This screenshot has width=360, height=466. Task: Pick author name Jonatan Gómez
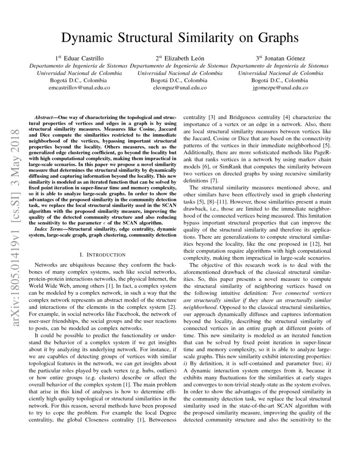tap(285, 58)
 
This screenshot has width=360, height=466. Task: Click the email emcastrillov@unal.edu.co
tap(79, 88)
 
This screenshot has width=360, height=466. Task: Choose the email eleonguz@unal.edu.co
tap(180, 88)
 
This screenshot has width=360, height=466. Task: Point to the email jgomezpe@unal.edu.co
tap(280, 88)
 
